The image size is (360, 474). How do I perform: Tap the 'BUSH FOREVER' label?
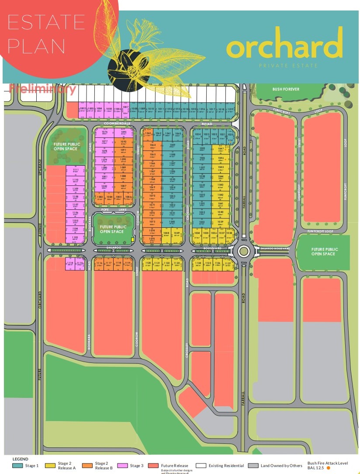coord(286,89)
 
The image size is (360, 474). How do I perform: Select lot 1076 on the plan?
coord(104,133)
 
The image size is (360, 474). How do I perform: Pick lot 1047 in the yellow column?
coord(221,149)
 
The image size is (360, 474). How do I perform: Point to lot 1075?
coord(152,240)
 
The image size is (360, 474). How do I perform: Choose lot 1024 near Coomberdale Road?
coord(197,135)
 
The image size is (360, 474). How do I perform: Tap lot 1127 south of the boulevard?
coord(228,264)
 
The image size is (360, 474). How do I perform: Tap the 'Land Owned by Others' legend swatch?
coord(253,466)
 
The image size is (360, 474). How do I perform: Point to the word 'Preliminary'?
coord(42,89)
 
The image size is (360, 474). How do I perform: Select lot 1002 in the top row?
coord(83,109)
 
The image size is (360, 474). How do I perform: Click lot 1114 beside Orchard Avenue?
coord(70,263)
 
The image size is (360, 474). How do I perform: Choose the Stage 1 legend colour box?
coord(18,466)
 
